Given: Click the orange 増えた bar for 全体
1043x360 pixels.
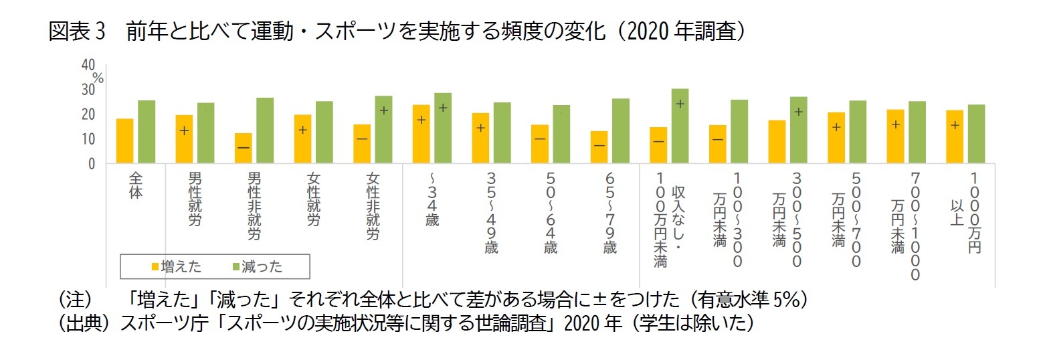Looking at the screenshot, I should [124, 141].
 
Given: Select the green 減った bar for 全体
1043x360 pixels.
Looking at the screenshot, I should [147, 132].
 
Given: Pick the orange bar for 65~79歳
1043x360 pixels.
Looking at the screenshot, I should [599, 147].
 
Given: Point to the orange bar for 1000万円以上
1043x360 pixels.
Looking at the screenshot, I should [955, 137].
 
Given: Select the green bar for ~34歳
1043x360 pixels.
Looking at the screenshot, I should [443, 128].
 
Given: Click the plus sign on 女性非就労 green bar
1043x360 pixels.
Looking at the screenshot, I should [383, 110].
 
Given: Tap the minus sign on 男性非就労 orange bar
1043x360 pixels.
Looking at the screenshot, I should [244, 147].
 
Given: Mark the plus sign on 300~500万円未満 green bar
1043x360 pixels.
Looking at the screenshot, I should [798, 112].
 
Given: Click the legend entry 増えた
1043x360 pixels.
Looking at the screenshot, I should [177, 267].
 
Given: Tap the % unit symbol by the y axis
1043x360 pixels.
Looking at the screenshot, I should [98, 78].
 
